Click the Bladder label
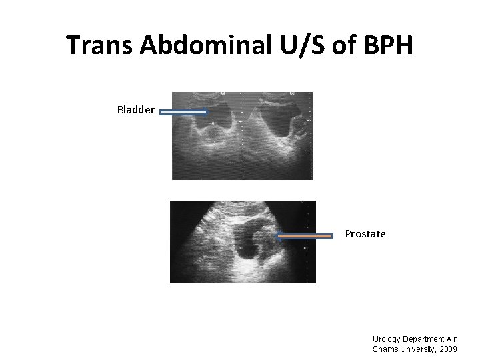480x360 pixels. click(136, 109)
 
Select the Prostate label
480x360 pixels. click(365, 234)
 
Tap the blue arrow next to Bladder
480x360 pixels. click(184, 113)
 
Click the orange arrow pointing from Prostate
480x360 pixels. click(305, 235)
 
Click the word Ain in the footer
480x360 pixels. click(453, 339)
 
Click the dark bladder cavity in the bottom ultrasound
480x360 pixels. click(253, 242)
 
